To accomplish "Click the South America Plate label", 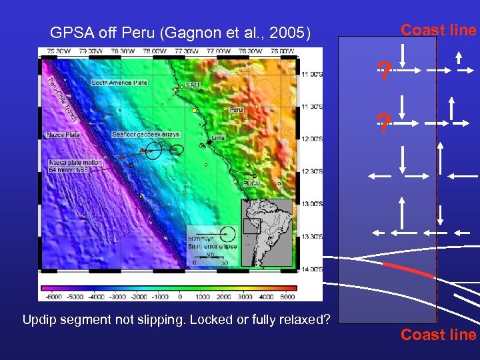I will click(x=119, y=83).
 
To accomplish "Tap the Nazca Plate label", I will click(x=63, y=135).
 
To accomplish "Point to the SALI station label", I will click(x=193, y=85).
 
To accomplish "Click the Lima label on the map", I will click(x=217, y=137).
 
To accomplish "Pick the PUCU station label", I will click(x=251, y=182).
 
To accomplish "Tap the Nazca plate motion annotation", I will click(x=75, y=166).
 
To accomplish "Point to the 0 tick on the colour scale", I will click(x=180, y=296).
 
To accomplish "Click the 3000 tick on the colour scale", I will click(x=245, y=296).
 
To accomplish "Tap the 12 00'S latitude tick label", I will click(x=311, y=139).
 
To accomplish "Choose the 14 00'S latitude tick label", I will click(x=311, y=269).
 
